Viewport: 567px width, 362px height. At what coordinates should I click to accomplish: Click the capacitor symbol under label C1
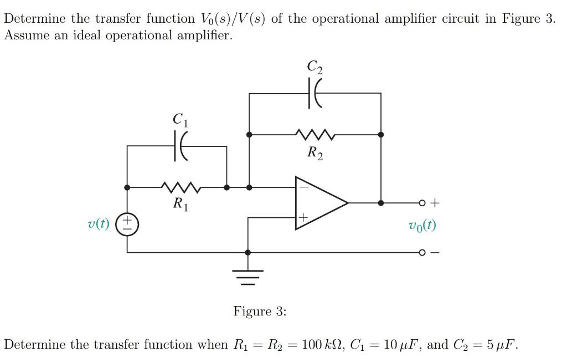(181, 146)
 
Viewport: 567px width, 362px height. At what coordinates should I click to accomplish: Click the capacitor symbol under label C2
(314, 94)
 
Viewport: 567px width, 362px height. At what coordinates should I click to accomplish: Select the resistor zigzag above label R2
(314, 134)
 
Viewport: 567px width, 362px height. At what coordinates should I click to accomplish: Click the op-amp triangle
(318, 203)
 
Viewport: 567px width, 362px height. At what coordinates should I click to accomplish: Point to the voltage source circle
(127, 225)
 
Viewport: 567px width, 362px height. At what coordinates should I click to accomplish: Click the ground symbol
(248, 275)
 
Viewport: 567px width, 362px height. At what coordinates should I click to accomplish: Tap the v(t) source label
(99, 224)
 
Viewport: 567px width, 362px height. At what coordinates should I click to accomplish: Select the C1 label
(179, 119)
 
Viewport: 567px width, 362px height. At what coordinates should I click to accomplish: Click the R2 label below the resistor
(314, 152)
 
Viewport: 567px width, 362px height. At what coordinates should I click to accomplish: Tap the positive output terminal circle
(422, 203)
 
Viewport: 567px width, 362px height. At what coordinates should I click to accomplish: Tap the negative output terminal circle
(422, 253)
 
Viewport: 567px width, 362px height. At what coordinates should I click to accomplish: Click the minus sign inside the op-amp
(302, 187)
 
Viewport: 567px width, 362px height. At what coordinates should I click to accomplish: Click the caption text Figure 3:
(260, 311)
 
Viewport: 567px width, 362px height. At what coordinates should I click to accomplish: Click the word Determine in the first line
(35, 18)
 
